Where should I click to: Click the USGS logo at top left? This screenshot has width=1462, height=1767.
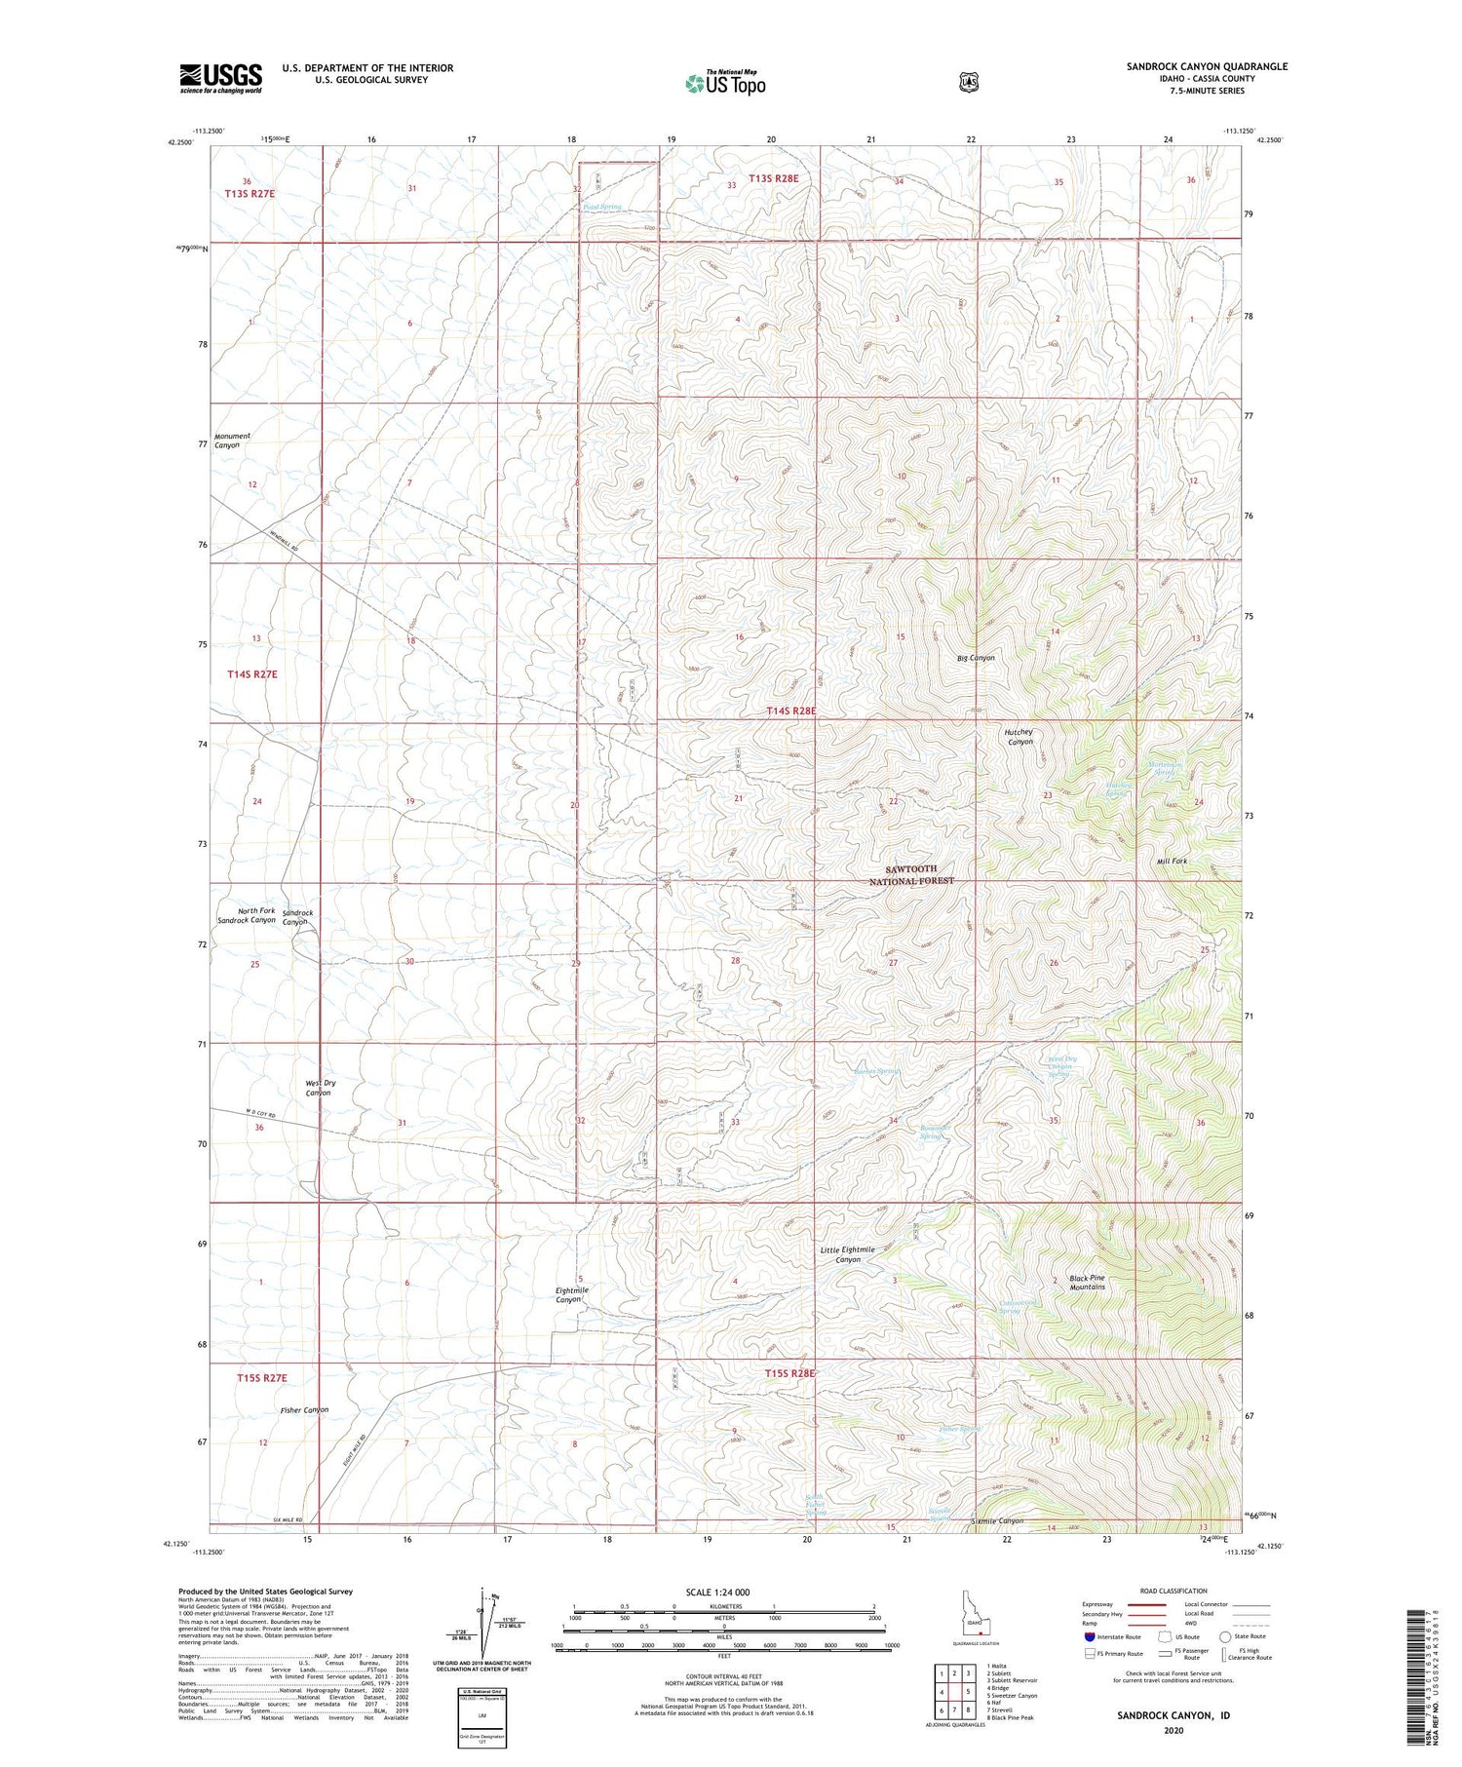tap(220, 78)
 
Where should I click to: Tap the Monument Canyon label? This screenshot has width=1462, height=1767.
tap(232, 441)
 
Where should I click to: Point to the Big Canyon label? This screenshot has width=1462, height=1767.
tap(976, 658)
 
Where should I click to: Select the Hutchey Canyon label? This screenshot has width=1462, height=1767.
tap(1019, 737)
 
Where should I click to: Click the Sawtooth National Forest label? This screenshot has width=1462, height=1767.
tap(911, 874)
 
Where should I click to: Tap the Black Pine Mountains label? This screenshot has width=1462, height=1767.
tap(1087, 1282)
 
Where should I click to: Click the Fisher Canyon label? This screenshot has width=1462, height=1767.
tap(304, 1409)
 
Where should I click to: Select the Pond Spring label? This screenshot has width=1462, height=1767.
tap(601, 207)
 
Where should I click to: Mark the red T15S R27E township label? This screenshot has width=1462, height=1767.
tap(262, 1378)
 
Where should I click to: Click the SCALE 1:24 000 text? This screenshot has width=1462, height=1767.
tap(717, 1592)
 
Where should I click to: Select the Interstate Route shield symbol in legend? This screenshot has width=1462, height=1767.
tap(1090, 1636)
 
